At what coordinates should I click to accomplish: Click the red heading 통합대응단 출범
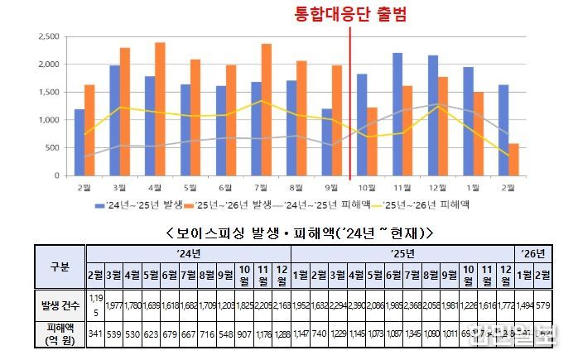click(x=352, y=13)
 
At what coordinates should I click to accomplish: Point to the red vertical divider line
click(x=351, y=99)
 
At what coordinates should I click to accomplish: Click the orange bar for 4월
click(x=160, y=108)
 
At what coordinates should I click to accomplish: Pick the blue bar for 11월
click(x=397, y=114)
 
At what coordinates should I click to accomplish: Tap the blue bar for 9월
click(x=327, y=142)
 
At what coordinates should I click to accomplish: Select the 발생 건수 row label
click(x=58, y=306)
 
